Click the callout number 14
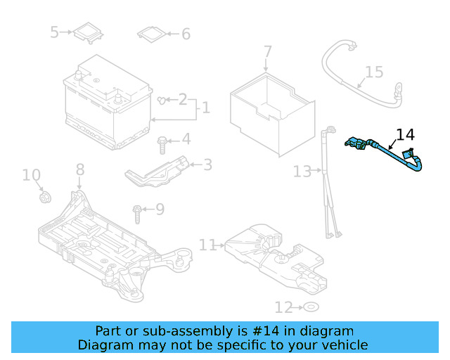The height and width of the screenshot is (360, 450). tap(406, 134)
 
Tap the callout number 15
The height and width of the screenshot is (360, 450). tap(374, 72)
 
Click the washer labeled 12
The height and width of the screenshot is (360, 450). tap(310, 307)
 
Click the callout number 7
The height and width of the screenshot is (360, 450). tap(267, 52)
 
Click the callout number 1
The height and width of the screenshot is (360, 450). tap(205, 108)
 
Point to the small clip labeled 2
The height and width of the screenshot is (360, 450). tap(162, 101)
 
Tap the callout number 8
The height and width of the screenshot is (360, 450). tap(79, 169)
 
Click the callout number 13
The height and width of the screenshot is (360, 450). tap(302, 171)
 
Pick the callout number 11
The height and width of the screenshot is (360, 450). tap(207, 245)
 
